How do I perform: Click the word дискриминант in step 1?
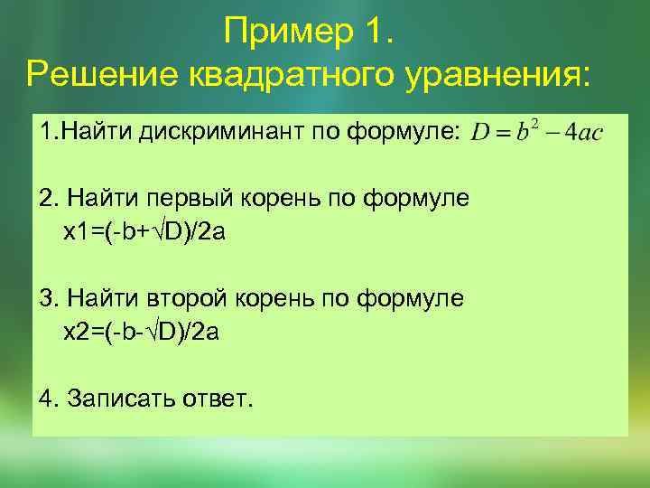pos(221,133)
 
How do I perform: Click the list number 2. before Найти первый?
pos(48,198)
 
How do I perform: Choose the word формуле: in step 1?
pos(414,133)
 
